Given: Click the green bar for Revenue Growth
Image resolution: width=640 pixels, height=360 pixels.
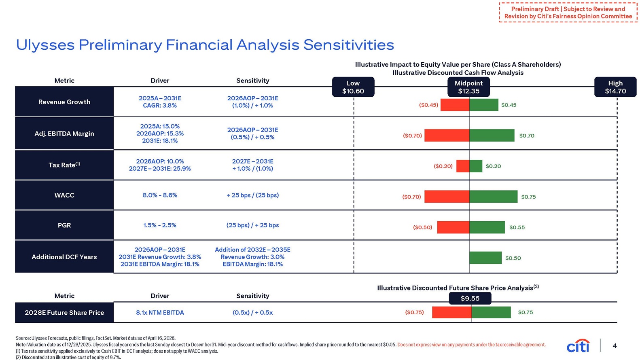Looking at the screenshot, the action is pyautogui.click(x=484, y=105).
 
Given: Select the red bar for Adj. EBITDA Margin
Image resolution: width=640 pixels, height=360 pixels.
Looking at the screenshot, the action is pyautogui.click(x=447, y=136).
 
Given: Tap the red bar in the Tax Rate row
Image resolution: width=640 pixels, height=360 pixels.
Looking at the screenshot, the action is pyautogui.click(x=463, y=166).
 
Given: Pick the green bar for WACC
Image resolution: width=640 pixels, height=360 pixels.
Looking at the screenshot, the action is pyautogui.click(x=494, y=197).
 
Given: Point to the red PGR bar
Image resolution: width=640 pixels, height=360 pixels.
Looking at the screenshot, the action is pyautogui.click(x=453, y=227).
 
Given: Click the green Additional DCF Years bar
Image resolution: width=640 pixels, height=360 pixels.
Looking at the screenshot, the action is pyautogui.click(x=485, y=258).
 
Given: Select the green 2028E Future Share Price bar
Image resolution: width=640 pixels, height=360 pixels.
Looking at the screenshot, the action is pyautogui.click(x=491, y=312).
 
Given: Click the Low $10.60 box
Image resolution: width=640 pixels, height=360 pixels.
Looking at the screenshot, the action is pyautogui.click(x=353, y=87).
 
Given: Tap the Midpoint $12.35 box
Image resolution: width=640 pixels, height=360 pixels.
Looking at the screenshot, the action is pyautogui.click(x=468, y=87).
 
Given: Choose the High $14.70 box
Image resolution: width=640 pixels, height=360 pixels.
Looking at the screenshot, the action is pyautogui.click(x=615, y=87).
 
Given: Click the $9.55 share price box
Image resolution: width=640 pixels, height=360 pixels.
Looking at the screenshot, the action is pyautogui.click(x=470, y=298).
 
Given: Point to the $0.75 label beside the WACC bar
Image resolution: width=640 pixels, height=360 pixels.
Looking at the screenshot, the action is pyautogui.click(x=529, y=197).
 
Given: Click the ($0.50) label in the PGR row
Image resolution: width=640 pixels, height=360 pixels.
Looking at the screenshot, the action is pyautogui.click(x=423, y=227).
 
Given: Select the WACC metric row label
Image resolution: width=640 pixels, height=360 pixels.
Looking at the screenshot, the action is pyautogui.click(x=64, y=195).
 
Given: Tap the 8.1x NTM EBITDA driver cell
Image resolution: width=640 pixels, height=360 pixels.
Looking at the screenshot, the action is pyautogui.click(x=160, y=313).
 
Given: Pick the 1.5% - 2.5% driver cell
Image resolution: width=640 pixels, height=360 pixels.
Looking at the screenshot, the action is pyautogui.click(x=160, y=225).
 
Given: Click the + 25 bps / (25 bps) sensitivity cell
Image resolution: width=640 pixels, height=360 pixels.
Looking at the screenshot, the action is pyautogui.click(x=252, y=195).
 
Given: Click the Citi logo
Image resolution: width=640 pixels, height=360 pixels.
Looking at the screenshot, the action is pyautogui.click(x=578, y=346).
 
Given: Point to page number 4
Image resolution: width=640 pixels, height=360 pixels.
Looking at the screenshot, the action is pyautogui.click(x=615, y=346).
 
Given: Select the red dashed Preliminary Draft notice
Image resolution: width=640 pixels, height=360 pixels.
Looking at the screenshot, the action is pyautogui.click(x=568, y=12).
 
